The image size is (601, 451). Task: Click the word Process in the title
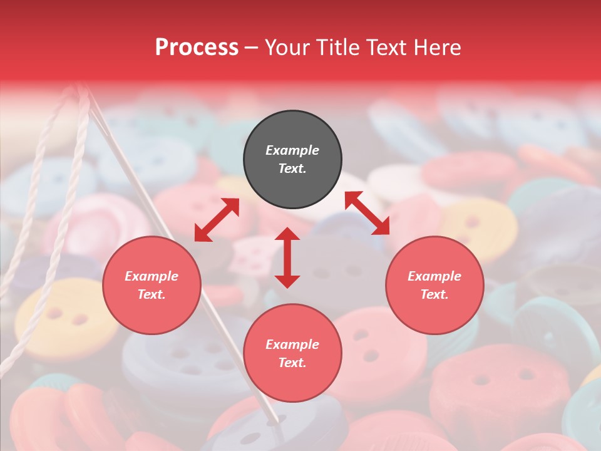pos(196,48)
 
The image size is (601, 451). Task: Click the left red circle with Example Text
pos(152,285)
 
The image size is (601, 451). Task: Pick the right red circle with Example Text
pos(434,285)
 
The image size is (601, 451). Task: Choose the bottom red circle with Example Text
pos(292,353)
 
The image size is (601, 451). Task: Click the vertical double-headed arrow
pos(287,257)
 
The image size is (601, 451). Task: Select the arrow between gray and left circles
pos(217,220)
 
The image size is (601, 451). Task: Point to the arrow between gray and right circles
pos(367,213)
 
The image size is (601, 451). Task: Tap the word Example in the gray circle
pos(292,150)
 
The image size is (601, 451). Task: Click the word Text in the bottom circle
pos(292,363)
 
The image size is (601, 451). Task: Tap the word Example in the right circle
pos(434,276)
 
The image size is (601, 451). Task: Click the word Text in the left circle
pos(151,294)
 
